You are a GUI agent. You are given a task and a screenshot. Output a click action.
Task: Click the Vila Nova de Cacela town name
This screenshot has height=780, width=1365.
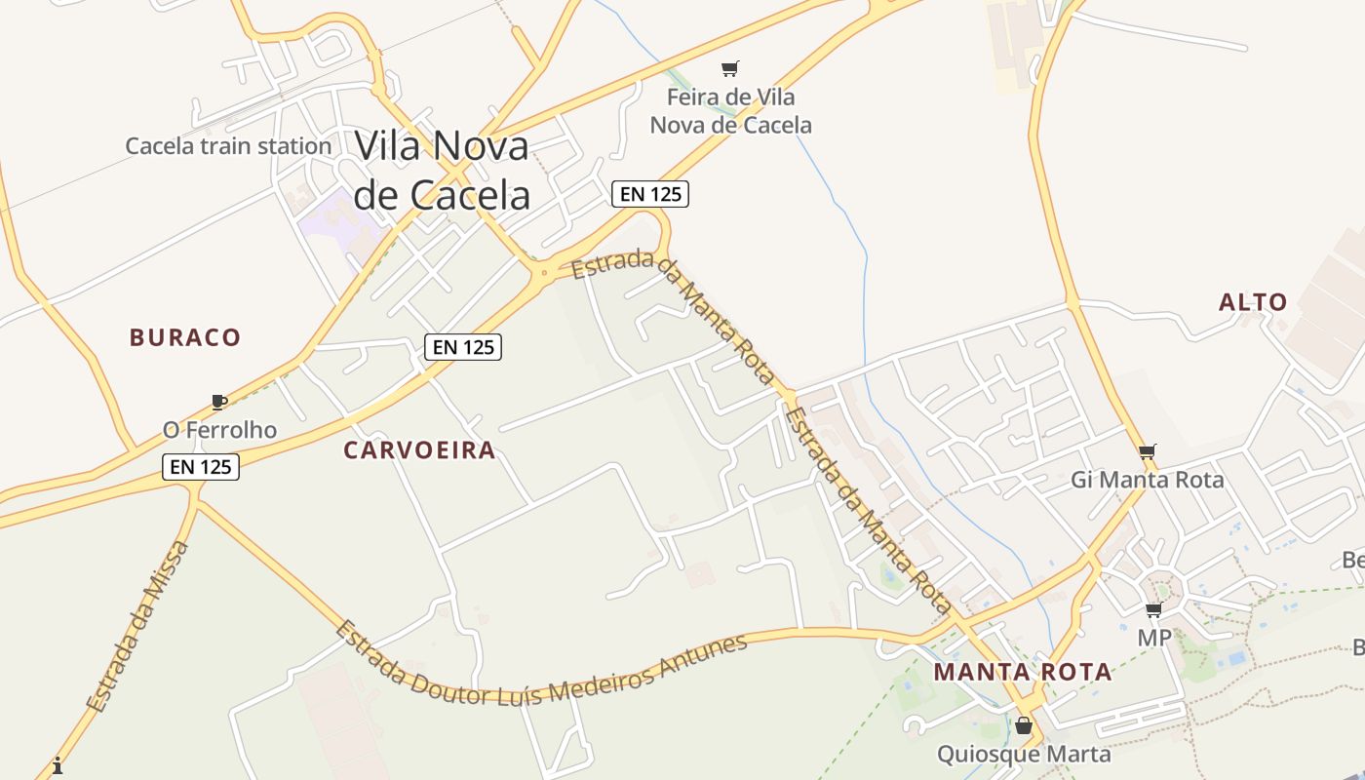[442, 170]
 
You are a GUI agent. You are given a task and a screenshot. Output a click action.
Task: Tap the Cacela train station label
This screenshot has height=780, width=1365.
[228, 146]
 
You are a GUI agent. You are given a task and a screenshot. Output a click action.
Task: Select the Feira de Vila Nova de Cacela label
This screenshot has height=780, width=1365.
[730, 111]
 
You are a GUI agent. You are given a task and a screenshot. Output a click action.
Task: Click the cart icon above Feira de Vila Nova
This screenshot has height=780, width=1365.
[729, 68]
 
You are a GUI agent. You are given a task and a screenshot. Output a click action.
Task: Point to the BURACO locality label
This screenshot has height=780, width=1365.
[185, 337]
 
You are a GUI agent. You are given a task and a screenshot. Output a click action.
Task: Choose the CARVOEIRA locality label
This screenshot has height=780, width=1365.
[419, 450]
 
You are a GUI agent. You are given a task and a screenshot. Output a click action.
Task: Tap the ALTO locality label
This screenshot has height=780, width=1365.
[1253, 302]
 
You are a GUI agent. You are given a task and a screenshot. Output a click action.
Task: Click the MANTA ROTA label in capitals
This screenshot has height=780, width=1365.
[1023, 672]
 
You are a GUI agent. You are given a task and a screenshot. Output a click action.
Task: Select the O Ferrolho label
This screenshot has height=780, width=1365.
[219, 430]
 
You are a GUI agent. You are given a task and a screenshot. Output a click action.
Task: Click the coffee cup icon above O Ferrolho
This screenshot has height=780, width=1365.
[218, 402]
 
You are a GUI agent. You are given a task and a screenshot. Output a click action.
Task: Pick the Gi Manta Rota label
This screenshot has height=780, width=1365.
[1147, 480]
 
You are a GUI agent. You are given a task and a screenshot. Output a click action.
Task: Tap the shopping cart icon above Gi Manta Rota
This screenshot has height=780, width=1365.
[1147, 451]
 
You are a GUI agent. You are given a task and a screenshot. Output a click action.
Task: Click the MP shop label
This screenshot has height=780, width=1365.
[1154, 638]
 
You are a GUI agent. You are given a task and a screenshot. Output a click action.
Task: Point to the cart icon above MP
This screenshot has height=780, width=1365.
[1153, 610]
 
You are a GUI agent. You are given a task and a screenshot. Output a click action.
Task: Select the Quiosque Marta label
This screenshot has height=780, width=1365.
[1024, 754]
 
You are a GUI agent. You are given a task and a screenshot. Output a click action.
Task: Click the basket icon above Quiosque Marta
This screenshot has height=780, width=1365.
[1023, 726]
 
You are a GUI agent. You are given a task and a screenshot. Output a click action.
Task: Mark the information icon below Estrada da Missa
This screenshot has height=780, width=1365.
[58, 765]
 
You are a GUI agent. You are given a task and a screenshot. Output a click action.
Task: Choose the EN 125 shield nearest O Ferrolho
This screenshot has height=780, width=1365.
[200, 467]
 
